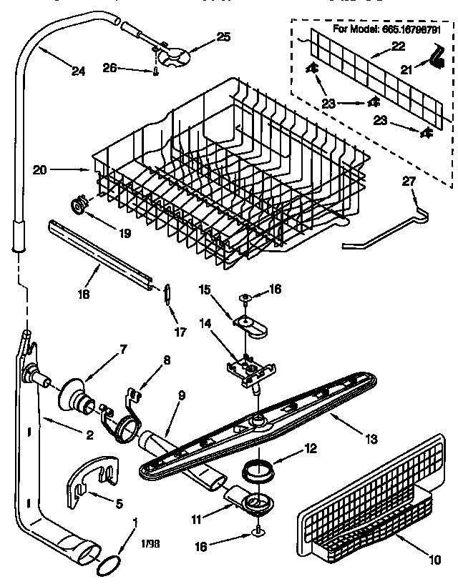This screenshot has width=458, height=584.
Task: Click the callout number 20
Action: click(x=40, y=170)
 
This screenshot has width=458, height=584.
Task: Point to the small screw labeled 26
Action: click(x=155, y=70)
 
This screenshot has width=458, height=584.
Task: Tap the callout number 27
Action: click(x=408, y=183)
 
